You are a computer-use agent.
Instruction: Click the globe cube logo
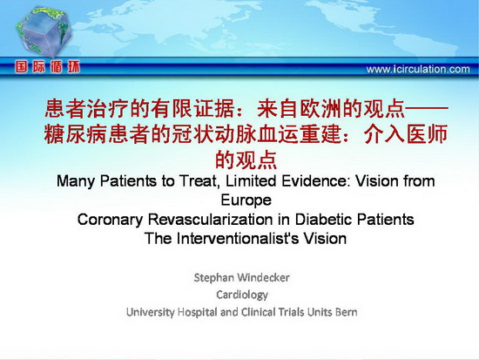(x=44, y=32)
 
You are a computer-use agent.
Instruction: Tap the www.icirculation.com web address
(x=418, y=69)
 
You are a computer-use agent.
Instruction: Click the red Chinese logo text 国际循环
(x=47, y=66)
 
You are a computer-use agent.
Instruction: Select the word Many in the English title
(x=76, y=180)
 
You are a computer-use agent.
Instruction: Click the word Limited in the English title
(x=251, y=180)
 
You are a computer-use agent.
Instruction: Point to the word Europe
(x=246, y=200)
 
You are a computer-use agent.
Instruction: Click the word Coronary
(x=110, y=220)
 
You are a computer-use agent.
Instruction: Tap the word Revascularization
(x=211, y=220)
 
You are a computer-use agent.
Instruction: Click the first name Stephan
(x=214, y=278)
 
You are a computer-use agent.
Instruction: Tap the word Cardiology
(x=242, y=295)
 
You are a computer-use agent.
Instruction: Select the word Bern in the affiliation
(x=346, y=312)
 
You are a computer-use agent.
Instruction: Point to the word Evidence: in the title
(x=316, y=180)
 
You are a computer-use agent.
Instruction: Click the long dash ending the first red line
(x=426, y=108)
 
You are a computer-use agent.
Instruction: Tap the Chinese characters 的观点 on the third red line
(x=246, y=160)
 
